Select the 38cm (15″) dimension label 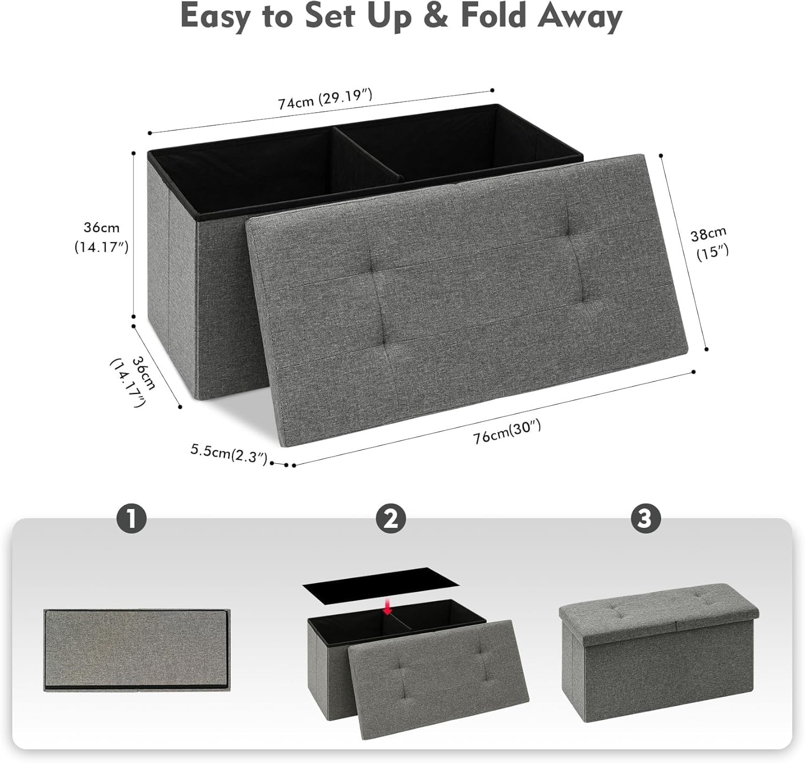[x=709, y=243]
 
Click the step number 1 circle [x=131, y=519]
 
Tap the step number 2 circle [x=391, y=519]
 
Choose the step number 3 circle [x=645, y=519]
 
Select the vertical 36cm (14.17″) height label [x=101, y=237]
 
